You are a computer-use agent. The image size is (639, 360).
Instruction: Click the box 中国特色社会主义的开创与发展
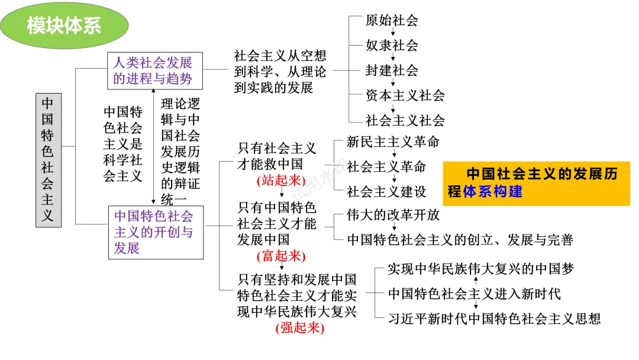155,232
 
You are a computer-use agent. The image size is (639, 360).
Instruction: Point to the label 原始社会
392,20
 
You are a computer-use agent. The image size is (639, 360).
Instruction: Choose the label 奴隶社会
392,45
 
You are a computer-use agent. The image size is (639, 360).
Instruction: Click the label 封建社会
392,70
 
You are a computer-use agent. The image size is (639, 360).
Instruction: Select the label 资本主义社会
405,95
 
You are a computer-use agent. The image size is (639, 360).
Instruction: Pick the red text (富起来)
280,256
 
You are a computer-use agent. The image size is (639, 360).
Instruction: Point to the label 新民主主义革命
393,142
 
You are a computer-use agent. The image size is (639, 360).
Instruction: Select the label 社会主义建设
386,192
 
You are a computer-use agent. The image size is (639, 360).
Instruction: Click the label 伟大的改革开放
393,215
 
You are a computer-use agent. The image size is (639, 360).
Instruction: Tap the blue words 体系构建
492,192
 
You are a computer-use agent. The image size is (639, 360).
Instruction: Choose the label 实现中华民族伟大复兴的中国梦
480,269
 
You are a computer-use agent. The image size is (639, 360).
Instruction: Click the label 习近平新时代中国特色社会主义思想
494,319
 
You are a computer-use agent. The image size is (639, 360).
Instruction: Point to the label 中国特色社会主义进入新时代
475,294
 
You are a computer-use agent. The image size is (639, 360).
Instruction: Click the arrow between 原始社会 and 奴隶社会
392,33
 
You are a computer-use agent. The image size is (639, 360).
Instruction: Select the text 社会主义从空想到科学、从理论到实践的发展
280,72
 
